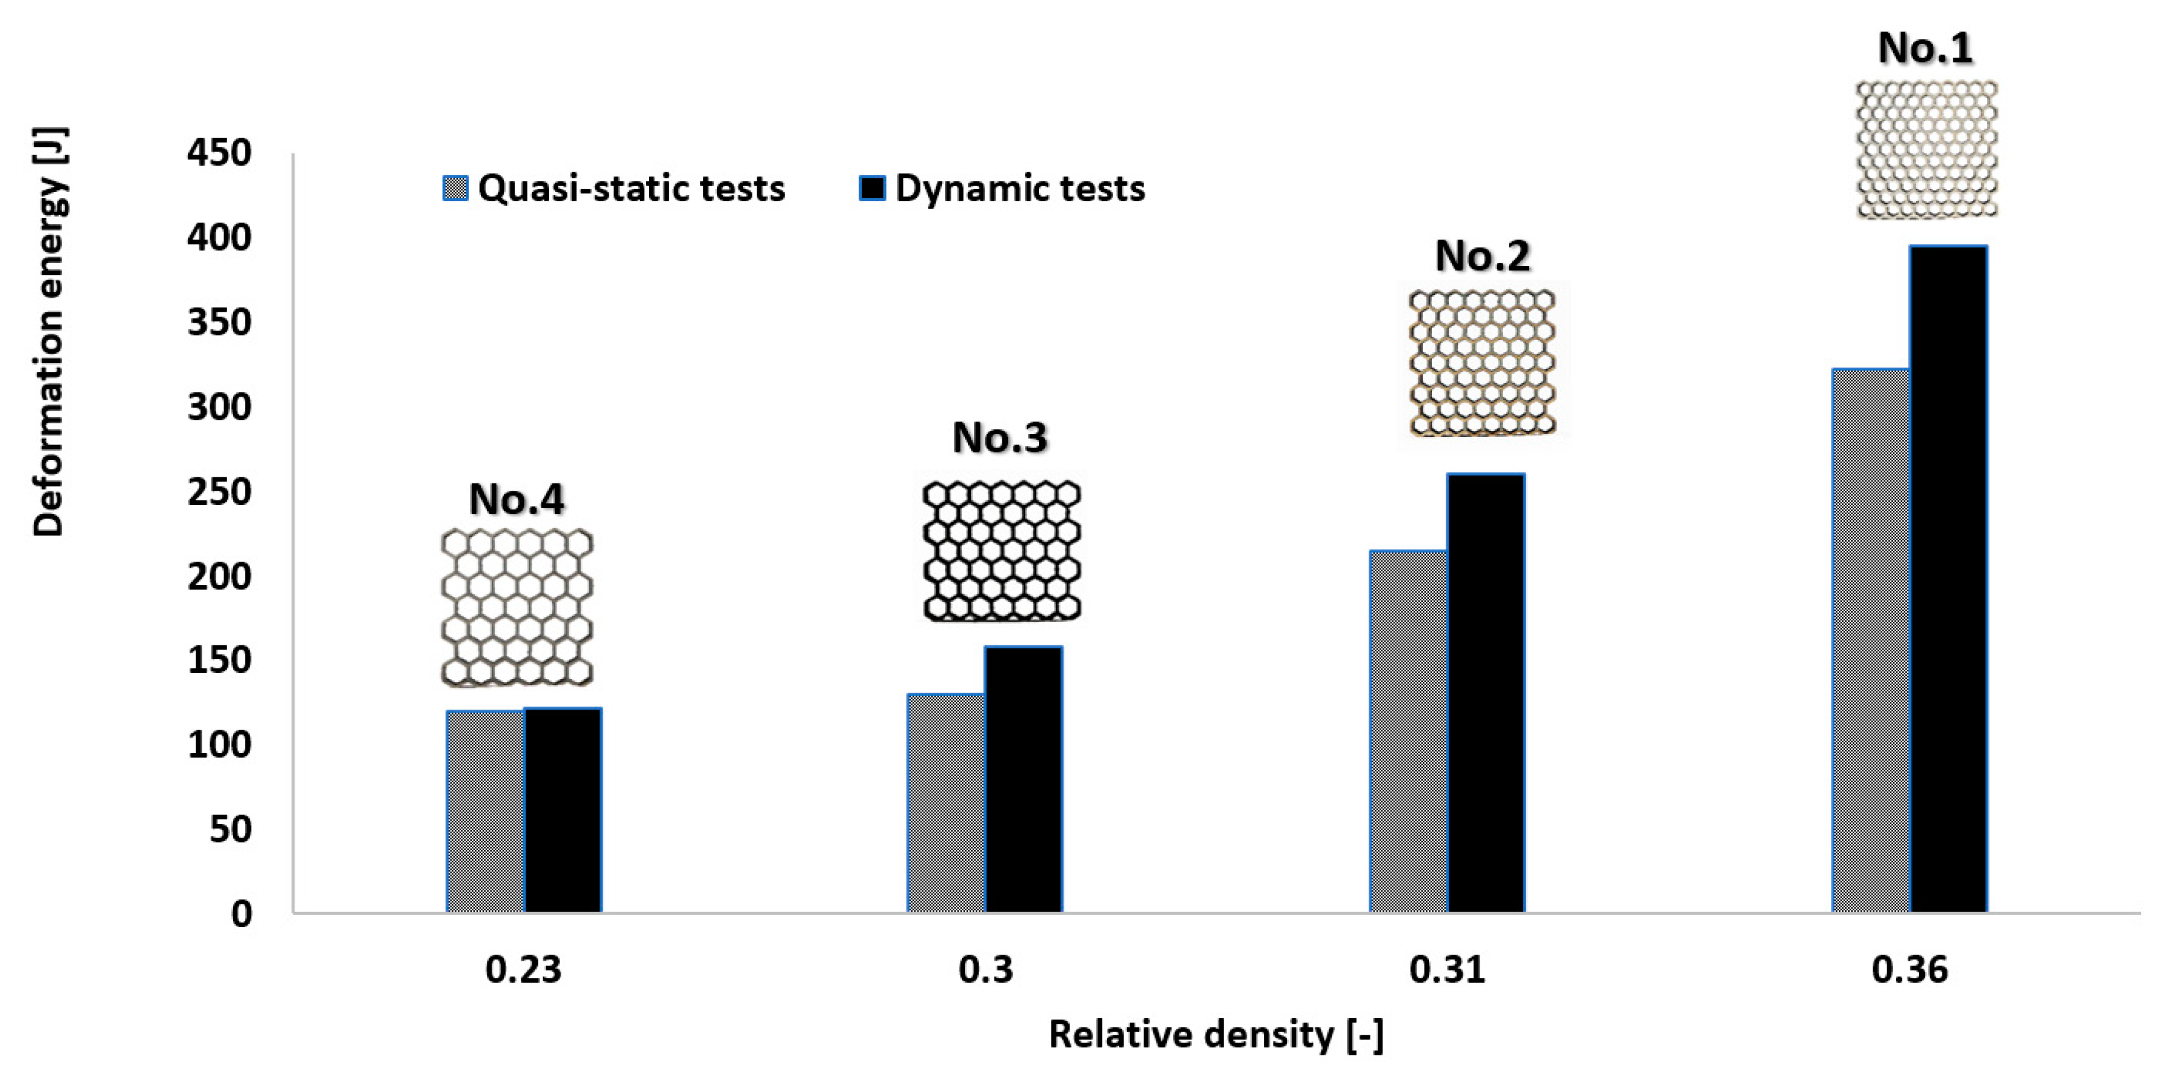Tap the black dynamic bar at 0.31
(1485, 694)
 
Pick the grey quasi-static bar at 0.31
(1408, 732)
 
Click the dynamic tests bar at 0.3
(1023, 779)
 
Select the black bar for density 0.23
(562, 810)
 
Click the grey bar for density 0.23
(485, 811)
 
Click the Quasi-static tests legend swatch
(455, 188)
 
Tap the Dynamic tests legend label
(1019, 188)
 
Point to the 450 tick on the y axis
(219, 154)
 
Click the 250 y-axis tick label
(219, 493)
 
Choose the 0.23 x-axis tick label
(523, 970)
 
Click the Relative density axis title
(1216, 1035)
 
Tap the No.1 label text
(1925, 48)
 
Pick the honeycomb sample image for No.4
(517, 607)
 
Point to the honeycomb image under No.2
(1481, 362)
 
